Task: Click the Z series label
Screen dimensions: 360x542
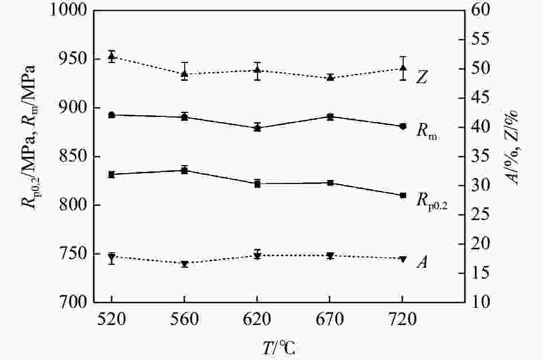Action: point(422,77)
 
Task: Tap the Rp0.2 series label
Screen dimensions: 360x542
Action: point(431,200)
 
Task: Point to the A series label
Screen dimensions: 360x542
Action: point(422,263)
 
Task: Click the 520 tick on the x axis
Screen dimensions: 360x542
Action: point(111,322)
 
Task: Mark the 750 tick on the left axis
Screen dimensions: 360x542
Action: point(73,253)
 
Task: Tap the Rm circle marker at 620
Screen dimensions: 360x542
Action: point(257,128)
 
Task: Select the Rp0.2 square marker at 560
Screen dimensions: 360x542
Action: point(184,170)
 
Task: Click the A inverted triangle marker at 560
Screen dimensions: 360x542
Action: point(184,264)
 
